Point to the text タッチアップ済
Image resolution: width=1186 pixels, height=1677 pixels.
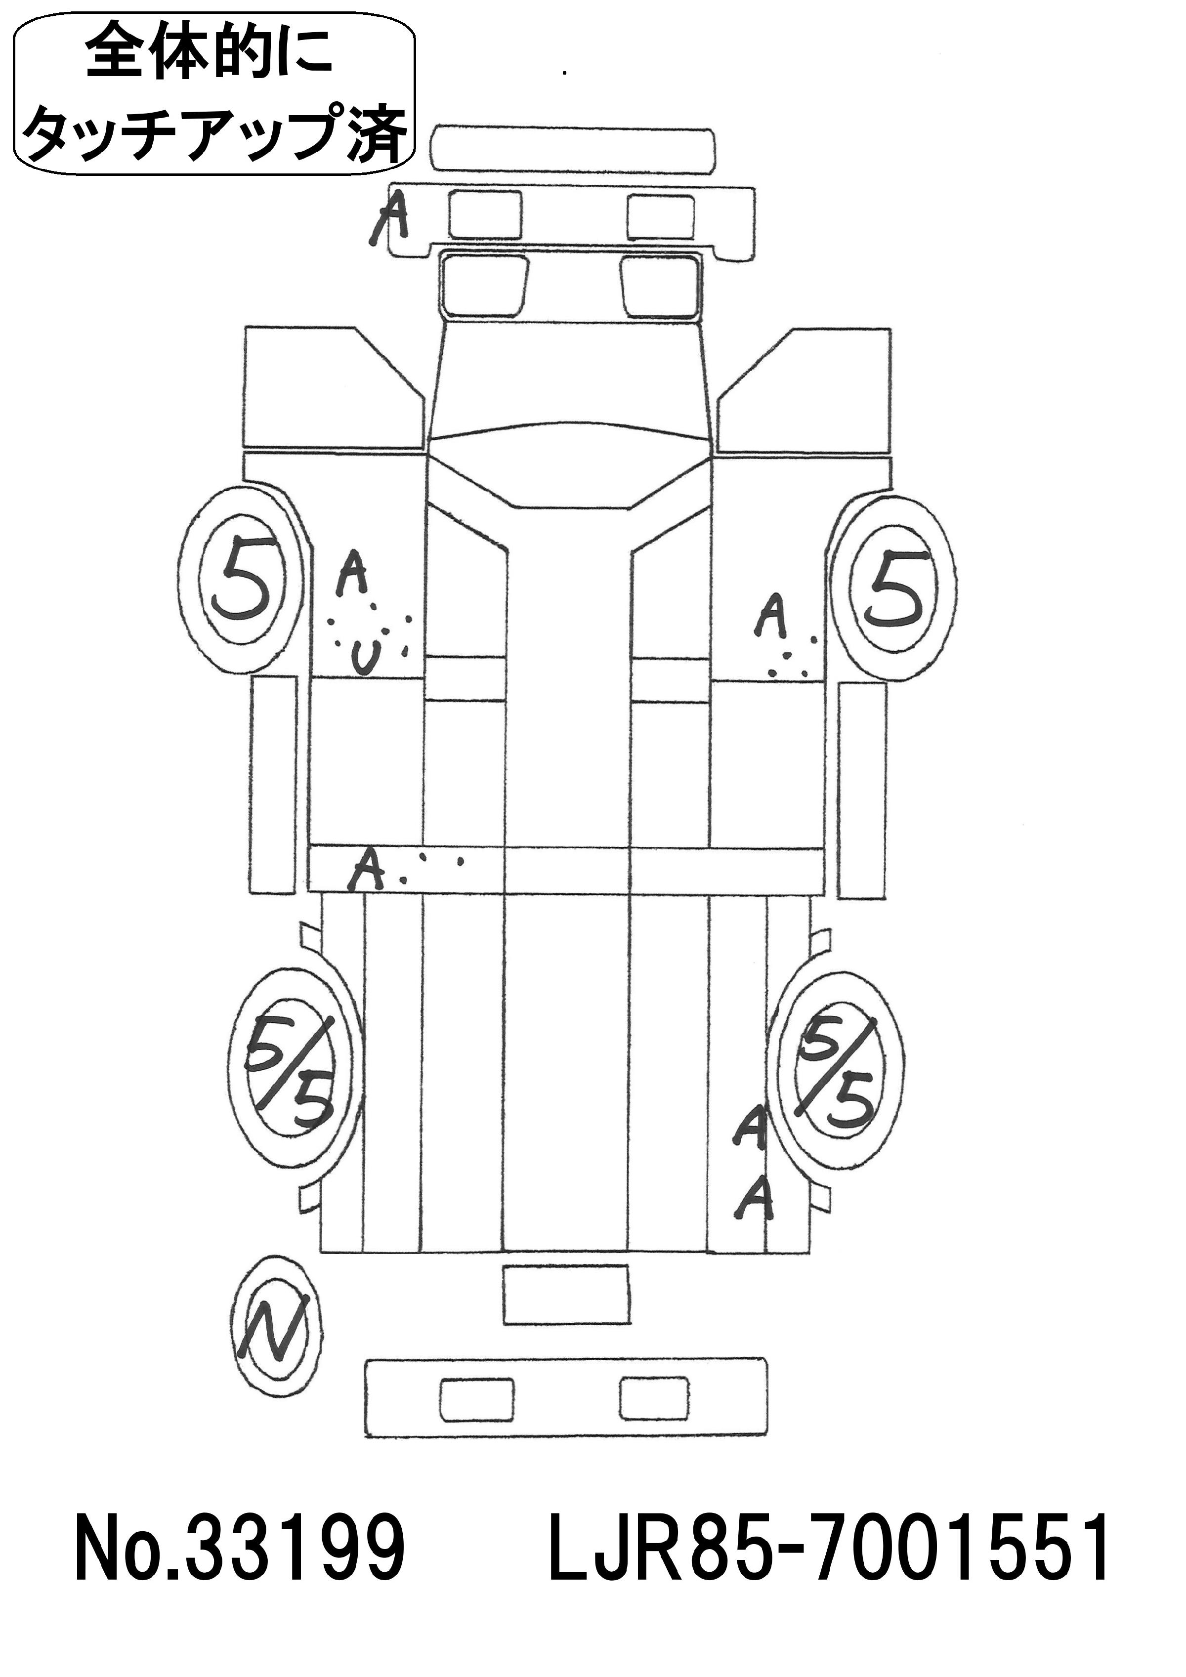pos(214,132)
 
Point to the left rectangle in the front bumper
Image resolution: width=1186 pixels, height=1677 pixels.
pos(485,214)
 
